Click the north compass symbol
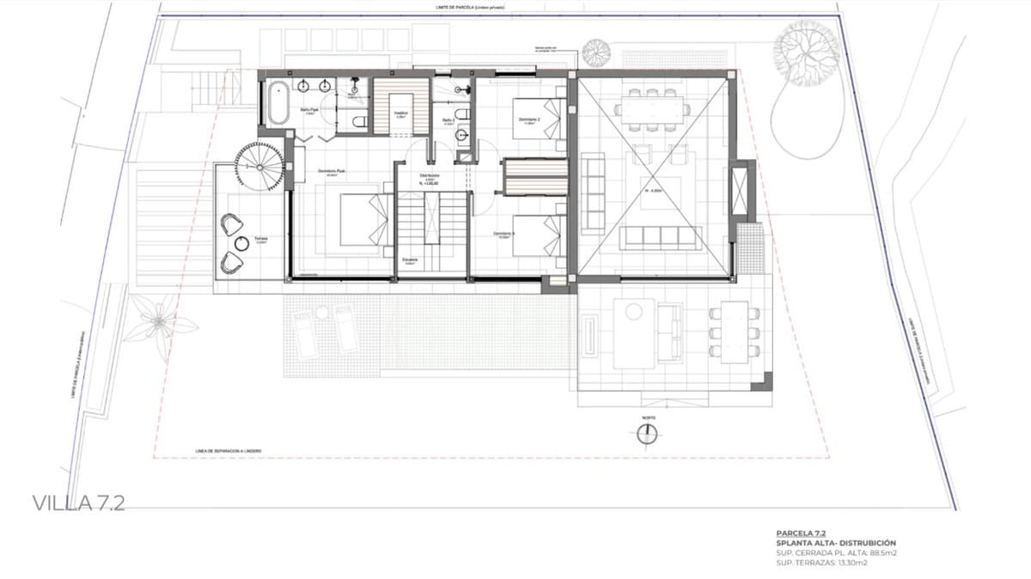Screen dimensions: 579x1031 (x=646, y=435)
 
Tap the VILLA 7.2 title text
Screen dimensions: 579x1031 (x=78, y=503)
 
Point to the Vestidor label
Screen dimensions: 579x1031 (x=400, y=113)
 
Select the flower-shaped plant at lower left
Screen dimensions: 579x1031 (x=158, y=321)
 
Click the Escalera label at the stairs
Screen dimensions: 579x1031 (x=410, y=259)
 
